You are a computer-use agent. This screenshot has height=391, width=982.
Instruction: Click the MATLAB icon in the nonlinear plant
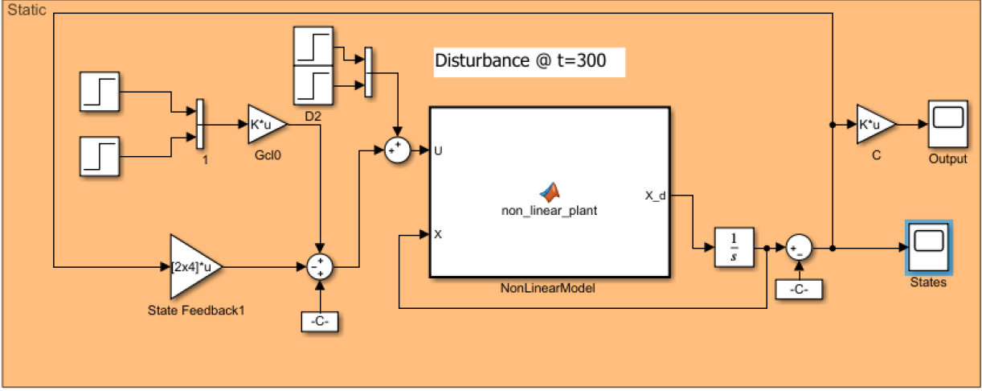[549, 191]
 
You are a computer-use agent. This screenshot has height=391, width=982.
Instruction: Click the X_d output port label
[655, 195]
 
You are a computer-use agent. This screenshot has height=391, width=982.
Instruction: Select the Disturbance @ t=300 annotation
[529, 60]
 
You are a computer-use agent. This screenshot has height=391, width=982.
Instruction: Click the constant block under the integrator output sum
[799, 289]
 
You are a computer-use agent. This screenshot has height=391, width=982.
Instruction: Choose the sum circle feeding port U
[397, 150]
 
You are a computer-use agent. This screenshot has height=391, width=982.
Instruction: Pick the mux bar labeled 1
[199, 124]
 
